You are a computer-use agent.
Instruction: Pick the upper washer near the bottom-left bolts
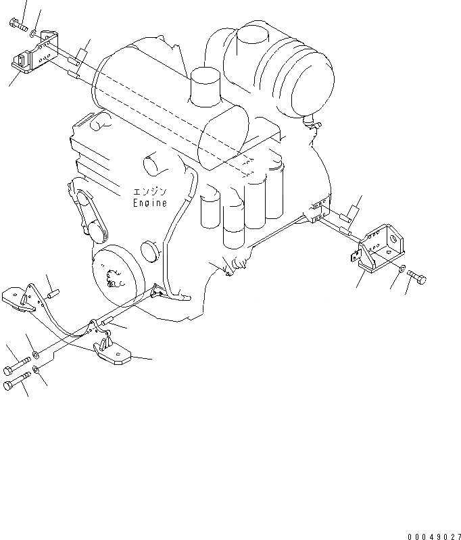point(36,353)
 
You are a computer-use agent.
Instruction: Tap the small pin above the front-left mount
point(55,294)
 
